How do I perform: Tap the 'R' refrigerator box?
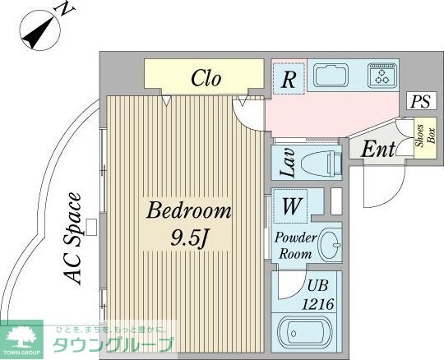[289, 79]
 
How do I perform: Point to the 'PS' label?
[421, 102]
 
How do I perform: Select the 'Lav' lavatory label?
[289, 163]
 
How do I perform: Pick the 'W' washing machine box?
[291, 207]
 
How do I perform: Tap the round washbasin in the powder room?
[330, 244]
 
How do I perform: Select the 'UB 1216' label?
[317, 295]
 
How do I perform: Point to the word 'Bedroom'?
[189, 211]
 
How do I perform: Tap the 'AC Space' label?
[73, 238]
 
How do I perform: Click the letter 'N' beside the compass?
[62, 9]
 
